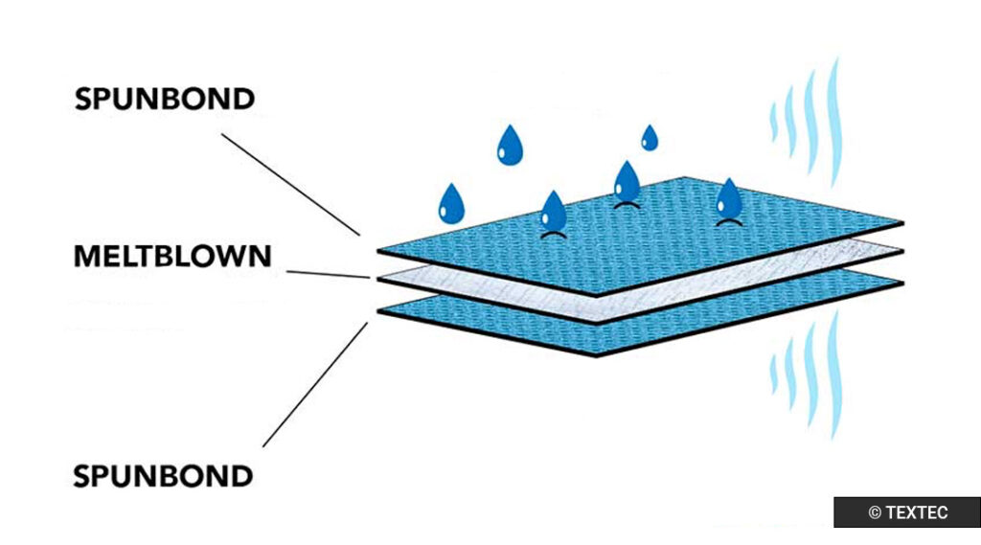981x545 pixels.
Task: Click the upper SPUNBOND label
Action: (165, 99)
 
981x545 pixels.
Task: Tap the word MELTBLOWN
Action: (172, 257)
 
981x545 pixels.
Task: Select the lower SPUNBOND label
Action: (165, 474)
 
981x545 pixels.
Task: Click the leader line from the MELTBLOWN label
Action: (326, 274)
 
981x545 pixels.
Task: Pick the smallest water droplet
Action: (650, 139)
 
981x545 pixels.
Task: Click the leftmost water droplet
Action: (450, 203)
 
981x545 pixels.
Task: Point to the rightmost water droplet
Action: (729, 199)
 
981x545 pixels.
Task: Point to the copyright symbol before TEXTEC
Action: (874, 513)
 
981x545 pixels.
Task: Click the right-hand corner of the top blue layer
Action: (900, 223)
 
